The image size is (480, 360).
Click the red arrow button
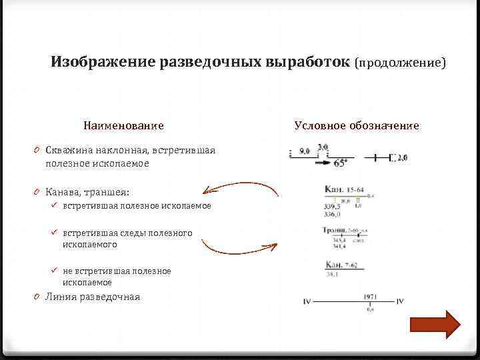coord(435,325)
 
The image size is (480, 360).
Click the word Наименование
coord(123,125)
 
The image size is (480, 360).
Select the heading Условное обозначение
coord(357,125)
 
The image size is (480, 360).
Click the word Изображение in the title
coord(103,62)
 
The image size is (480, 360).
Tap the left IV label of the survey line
coord(307,302)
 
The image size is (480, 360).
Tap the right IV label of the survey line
coord(400,302)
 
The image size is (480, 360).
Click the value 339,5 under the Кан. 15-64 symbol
coord(331,207)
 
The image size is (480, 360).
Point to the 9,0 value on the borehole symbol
coord(304,151)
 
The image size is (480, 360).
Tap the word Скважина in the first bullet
coord(69,150)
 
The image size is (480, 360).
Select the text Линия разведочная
coord(93,297)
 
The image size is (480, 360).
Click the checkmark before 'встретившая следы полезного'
coord(57,233)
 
